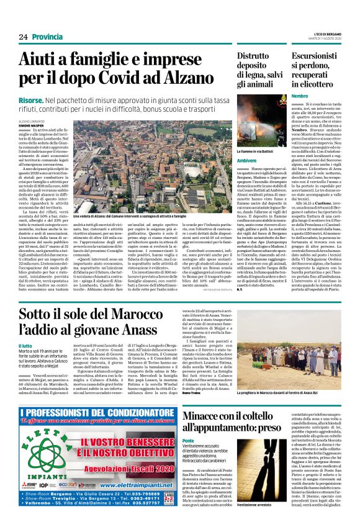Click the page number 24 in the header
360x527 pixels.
pyautogui.click(x=24, y=37)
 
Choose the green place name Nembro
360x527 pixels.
pyautogui.click(x=300, y=96)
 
